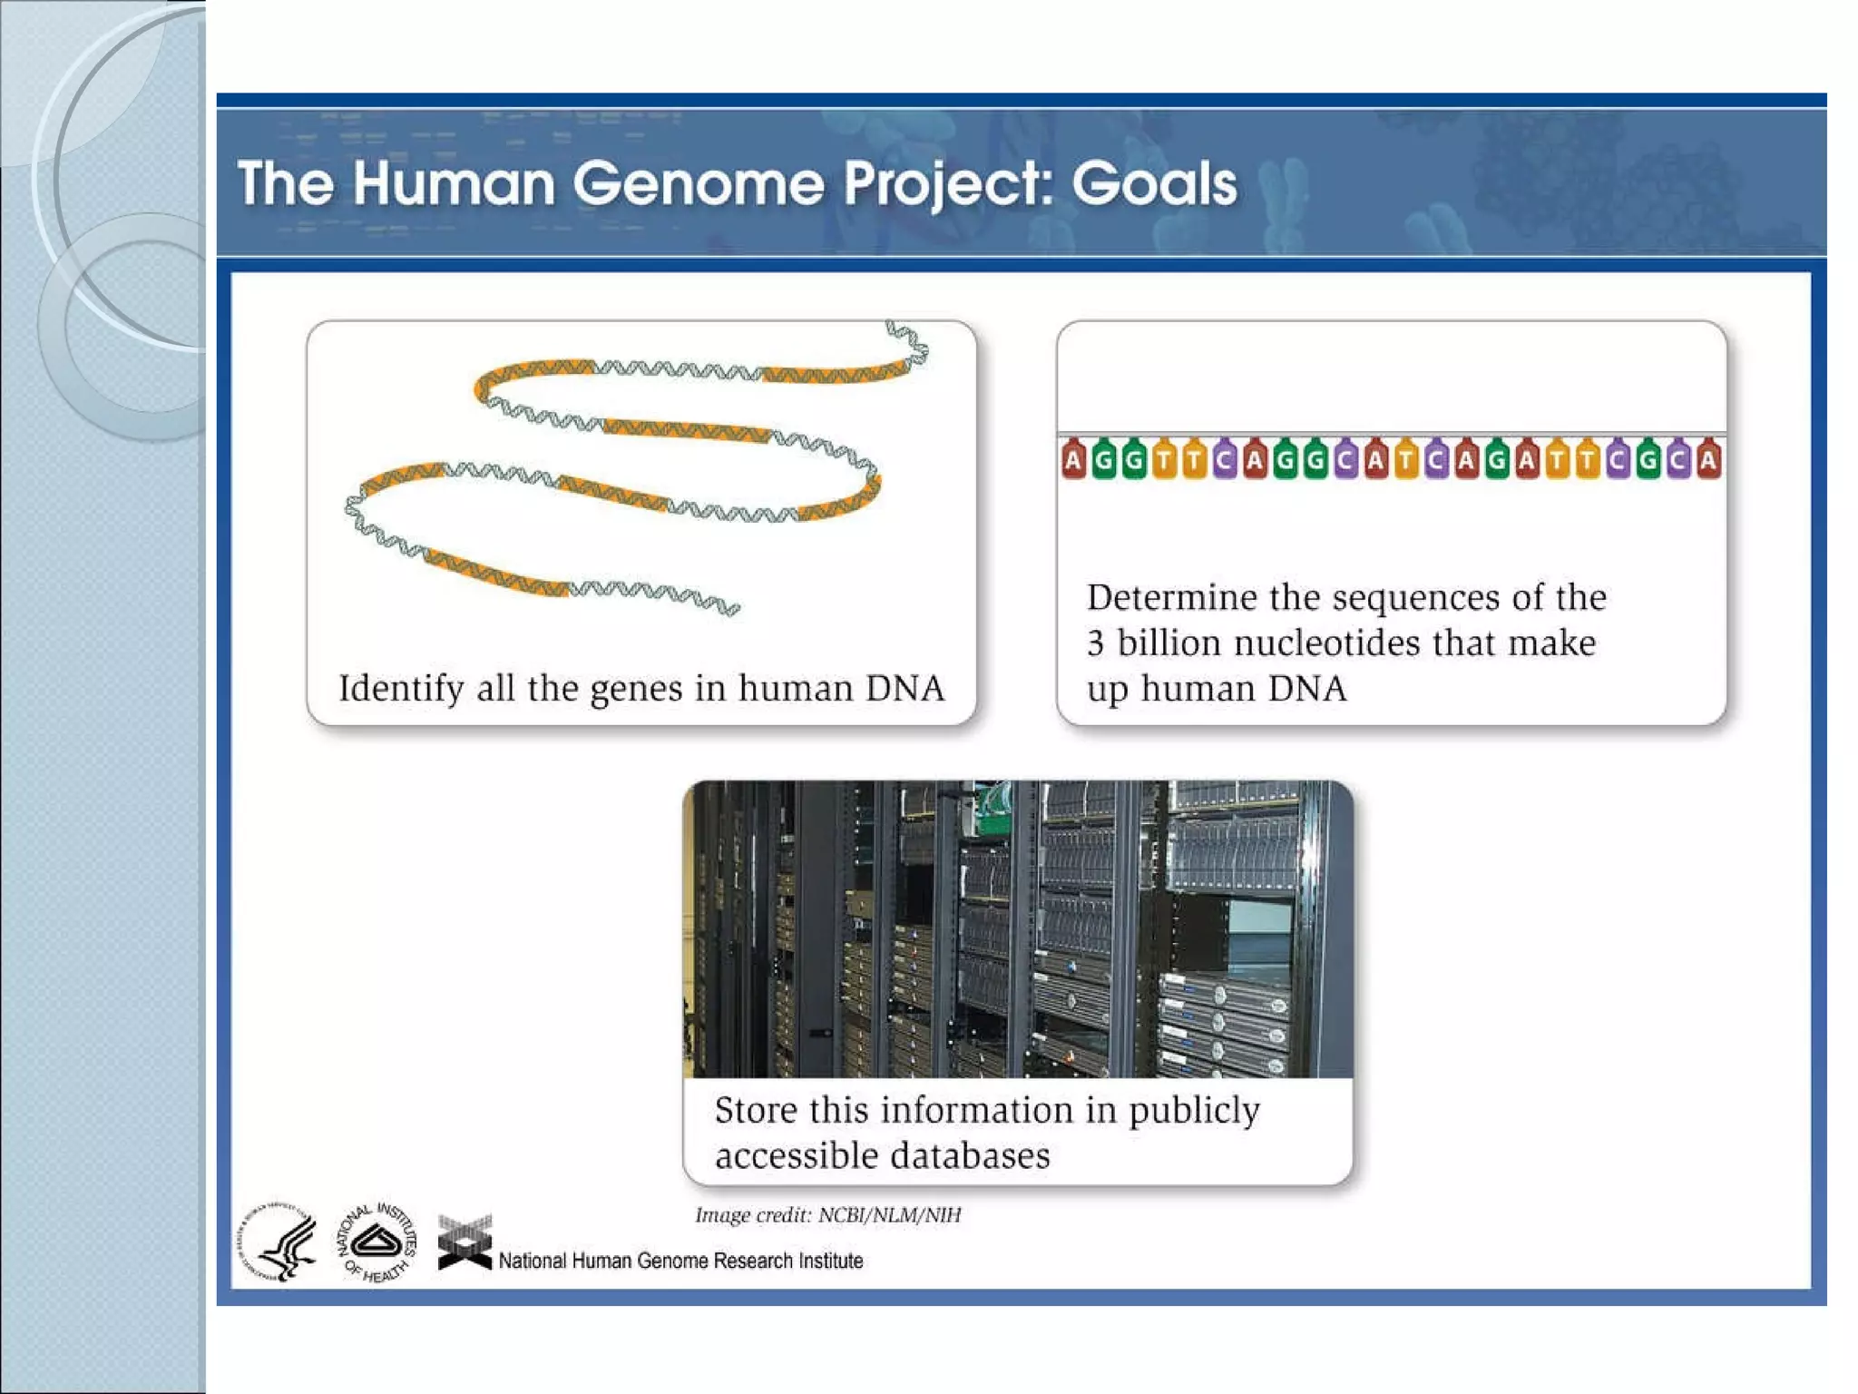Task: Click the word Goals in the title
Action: [x=1153, y=184]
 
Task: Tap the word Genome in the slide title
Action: [x=699, y=184]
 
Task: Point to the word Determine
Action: [x=1171, y=598]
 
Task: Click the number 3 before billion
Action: [x=1095, y=643]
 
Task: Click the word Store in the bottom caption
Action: [x=754, y=1111]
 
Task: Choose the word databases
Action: [x=970, y=1156]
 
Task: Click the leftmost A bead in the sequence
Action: [x=1073, y=460]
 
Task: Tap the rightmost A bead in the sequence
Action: [x=1708, y=460]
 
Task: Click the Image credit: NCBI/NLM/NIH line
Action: [x=827, y=1215]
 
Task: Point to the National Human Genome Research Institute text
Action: [x=680, y=1261]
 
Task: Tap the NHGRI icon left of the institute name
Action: [x=464, y=1242]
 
